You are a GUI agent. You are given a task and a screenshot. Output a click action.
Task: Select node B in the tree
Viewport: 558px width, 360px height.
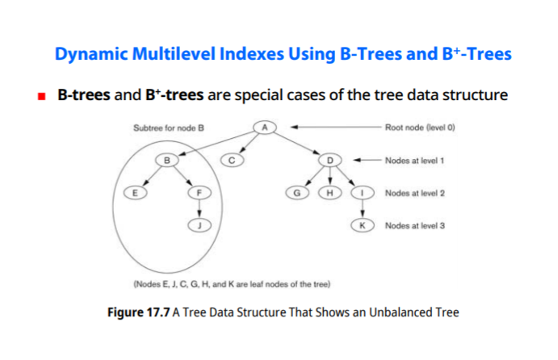click(x=167, y=160)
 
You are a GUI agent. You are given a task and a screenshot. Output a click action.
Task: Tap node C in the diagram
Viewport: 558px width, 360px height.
click(x=231, y=160)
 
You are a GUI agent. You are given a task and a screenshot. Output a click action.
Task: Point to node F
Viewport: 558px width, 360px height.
click(x=199, y=193)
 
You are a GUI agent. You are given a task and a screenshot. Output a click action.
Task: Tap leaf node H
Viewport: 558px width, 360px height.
click(x=330, y=193)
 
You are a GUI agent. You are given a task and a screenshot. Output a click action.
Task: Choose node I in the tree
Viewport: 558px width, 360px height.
click(x=363, y=193)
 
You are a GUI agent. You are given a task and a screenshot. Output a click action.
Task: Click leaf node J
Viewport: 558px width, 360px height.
click(x=199, y=226)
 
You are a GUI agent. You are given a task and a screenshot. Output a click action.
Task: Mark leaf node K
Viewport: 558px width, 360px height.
click(x=363, y=226)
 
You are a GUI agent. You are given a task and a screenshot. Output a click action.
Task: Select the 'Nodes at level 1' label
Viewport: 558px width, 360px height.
click(x=415, y=161)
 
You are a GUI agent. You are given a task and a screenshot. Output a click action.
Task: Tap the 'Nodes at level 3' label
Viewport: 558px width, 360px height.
click(x=415, y=226)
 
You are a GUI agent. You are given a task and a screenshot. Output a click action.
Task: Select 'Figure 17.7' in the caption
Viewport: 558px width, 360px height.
click(x=138, y=312)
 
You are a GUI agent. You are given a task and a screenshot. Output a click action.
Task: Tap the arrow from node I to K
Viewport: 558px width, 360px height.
click(x=363, y=210)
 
